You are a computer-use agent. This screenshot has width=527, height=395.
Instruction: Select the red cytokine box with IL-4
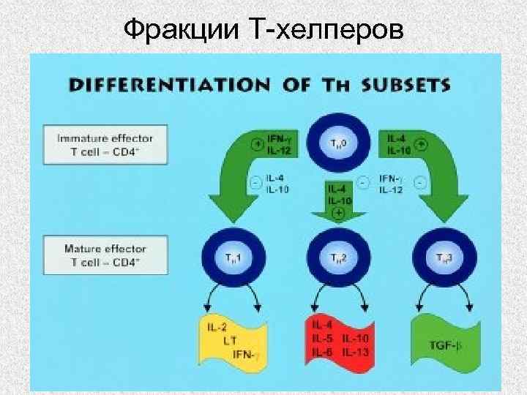339,339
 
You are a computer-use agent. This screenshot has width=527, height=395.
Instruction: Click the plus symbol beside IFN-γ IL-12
257,145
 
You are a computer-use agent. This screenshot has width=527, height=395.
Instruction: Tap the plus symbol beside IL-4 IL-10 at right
421,145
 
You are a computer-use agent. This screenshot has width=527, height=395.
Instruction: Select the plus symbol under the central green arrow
338,213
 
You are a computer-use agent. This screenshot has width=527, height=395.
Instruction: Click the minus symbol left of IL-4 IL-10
256,184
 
